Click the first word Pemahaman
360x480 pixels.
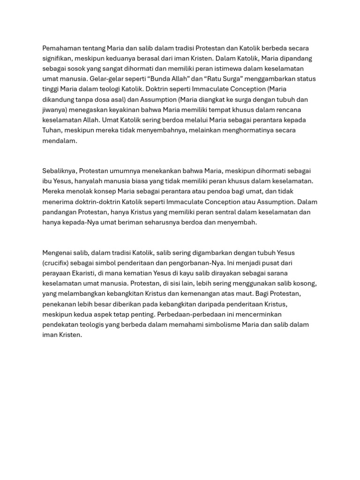tap(61, 48)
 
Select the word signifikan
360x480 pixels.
tap(59, 59)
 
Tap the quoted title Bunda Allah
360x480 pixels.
tap(168, 79)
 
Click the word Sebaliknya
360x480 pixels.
tap(59, 171)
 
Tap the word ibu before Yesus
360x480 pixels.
tap(47, 181)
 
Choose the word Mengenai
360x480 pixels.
tap(58, 253)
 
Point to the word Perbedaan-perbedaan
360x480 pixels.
tap(198, 314)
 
